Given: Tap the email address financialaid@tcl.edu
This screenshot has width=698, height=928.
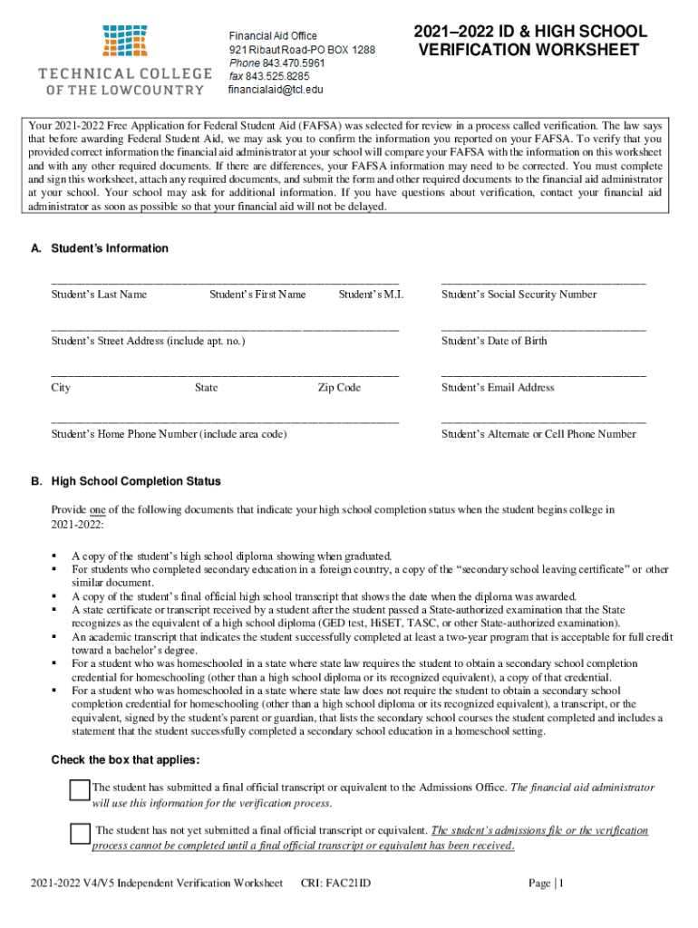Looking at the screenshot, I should click(276, 90).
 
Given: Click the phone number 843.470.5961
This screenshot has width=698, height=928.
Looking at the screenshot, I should click(294, 63).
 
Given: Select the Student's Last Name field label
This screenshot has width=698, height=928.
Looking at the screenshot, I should click(99, 295).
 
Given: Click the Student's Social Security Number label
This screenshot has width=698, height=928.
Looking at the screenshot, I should click(519, 295).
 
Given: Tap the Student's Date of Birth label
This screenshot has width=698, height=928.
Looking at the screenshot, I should click(494, 342).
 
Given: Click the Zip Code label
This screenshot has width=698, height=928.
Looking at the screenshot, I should click(339, 388).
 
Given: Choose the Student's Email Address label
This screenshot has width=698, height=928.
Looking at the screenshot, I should click(498, 388).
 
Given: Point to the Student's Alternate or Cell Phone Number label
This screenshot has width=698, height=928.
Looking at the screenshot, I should click(538, 434).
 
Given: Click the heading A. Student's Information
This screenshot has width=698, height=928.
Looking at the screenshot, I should click(100, 248).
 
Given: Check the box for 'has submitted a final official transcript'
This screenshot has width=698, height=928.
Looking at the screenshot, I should click(80, 790).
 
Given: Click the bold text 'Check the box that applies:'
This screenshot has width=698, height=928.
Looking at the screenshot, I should click(125, 759).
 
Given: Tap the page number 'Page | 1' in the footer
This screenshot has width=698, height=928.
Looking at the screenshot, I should click(546, 884).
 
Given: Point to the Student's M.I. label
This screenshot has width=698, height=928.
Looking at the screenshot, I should click(371, 295).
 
